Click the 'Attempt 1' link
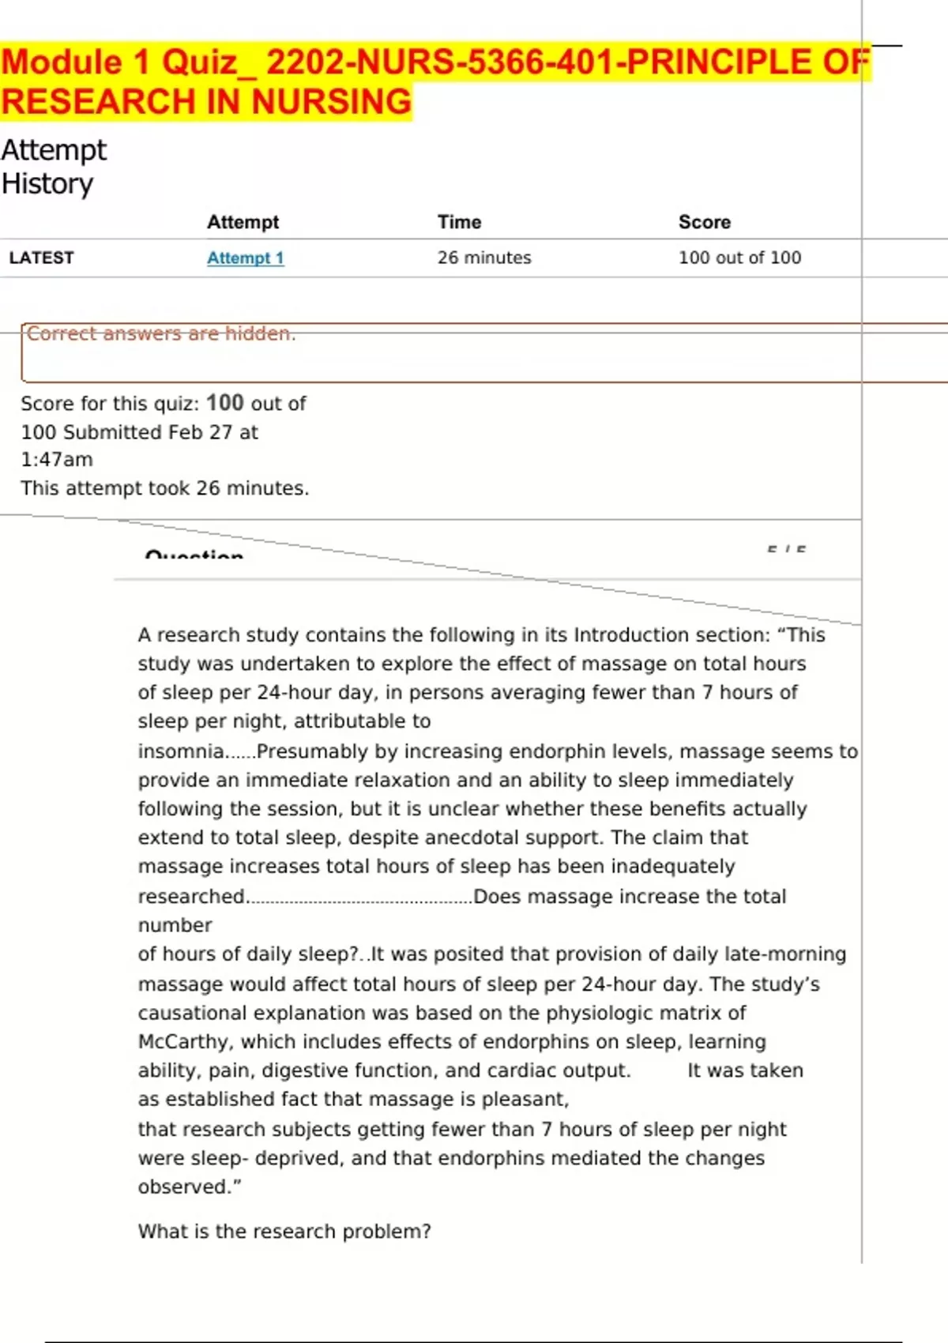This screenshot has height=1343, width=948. tap(245, 258)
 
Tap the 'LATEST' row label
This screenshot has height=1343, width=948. tap(41, 258)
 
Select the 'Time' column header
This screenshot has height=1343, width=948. tap(459, 222)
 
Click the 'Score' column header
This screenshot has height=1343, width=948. tap(704, 222)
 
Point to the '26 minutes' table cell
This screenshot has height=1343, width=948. tap(484, 258)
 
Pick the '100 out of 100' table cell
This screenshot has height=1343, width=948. tap(739, 258)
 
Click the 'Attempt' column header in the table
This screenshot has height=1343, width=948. tap(243, 222)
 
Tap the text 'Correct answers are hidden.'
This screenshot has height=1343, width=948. tap(161, 334)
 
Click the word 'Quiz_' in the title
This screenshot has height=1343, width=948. tap(208, 63)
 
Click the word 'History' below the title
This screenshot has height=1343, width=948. tap(47, 184)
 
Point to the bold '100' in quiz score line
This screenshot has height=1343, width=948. tap(225, 403)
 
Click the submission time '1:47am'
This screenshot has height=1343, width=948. tap(57, 460)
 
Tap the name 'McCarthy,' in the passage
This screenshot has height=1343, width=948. tap(186, 1042)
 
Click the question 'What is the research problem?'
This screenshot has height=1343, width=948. tap(284, 1232)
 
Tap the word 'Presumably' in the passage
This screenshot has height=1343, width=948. tap(309, 751)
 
